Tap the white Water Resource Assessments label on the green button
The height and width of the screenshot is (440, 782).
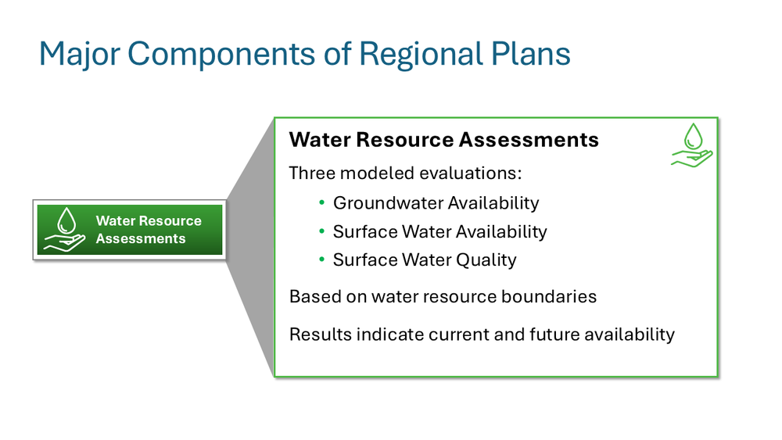click(149, 230)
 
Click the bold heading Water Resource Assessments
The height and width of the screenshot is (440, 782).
click(443, 140)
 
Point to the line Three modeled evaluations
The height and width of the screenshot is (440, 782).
click(404, 173)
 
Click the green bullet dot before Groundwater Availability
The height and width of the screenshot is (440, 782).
click(321, 203)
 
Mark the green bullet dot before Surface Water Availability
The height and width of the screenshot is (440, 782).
click(321, 231)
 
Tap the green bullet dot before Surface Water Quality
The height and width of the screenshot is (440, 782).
click(321, 259)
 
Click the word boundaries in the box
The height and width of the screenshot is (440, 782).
click(552, 297)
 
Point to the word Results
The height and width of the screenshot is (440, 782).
click(320, 334)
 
